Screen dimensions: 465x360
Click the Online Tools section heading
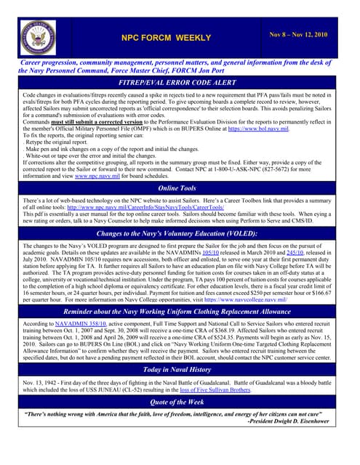coord(180,187)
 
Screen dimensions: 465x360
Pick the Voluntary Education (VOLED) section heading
coord(180,233)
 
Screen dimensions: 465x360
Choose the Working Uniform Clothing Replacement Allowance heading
coord(180,312)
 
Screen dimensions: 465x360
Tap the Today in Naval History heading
coord(180,369)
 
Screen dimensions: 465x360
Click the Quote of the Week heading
coord(180,401)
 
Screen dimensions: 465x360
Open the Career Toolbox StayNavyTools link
coord(153,207)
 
